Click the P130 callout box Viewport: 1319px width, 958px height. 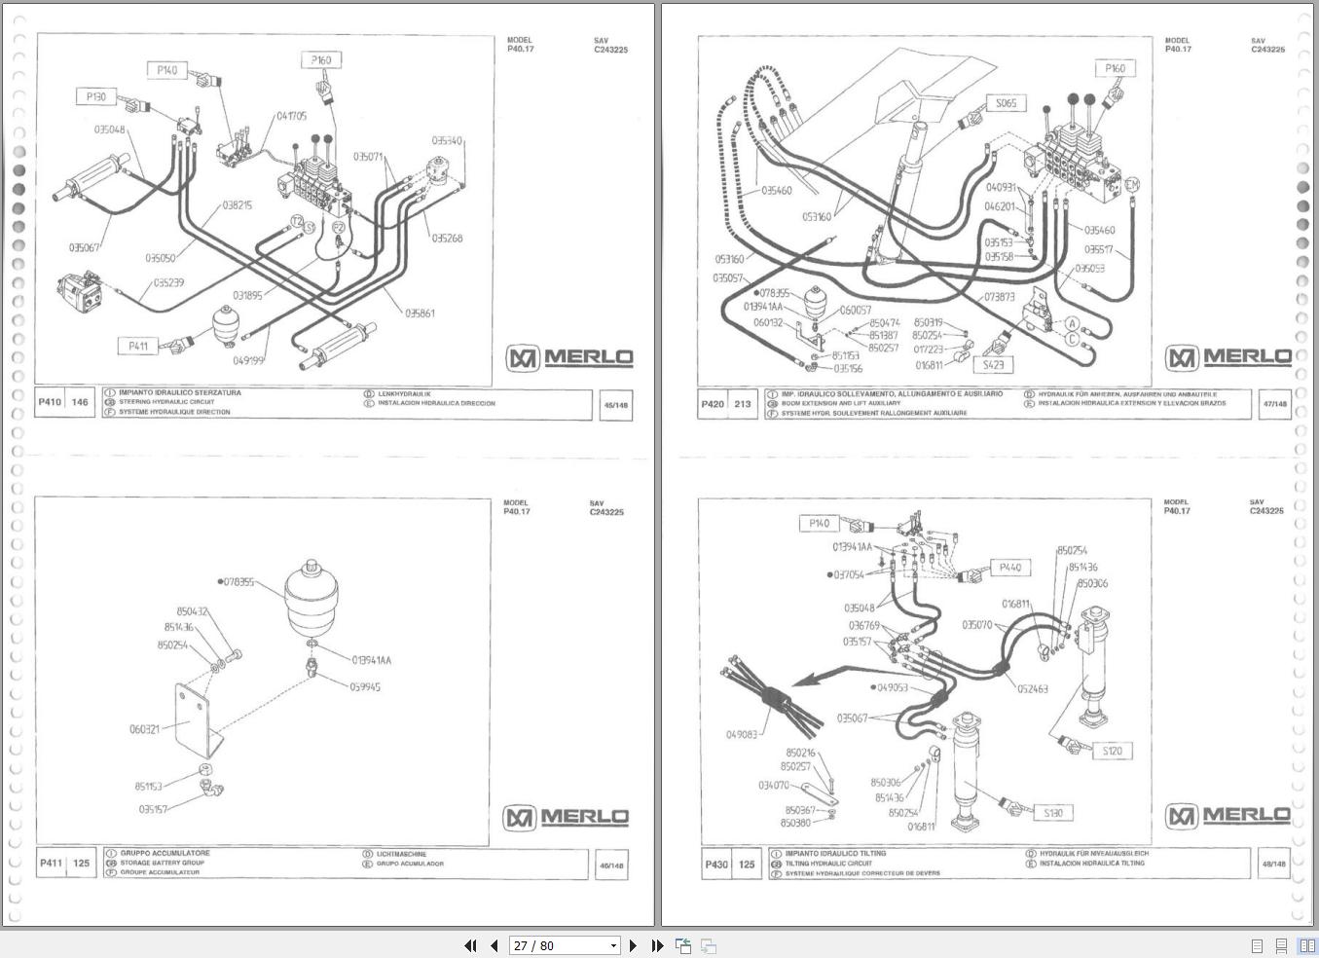coord(95,96)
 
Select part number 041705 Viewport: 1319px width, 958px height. coord(291,116)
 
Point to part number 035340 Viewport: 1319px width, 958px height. coord(447,141)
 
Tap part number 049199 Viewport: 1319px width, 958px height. coord(248,359)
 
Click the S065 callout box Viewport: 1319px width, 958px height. coord(1005,103)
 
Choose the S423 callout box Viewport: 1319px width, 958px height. coord(992,364)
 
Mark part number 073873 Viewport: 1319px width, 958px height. coord(999,297)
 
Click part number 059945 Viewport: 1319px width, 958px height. coord(365,686)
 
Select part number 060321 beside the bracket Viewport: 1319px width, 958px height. coord(144,729)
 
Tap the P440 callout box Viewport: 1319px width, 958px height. coord(1009,568)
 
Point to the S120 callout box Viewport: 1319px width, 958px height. coord(1112,751)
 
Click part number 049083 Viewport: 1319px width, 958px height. coord(741,734)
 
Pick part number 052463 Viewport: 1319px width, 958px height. coord(1032,688)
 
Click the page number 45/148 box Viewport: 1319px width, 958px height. coord(615,405)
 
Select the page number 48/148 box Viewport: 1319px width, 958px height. coord(1273,864)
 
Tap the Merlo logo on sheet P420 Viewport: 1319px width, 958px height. coord(1229,357)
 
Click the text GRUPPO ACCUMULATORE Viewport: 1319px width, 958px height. coord(165,853)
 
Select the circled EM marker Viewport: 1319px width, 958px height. coord(1131,185)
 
